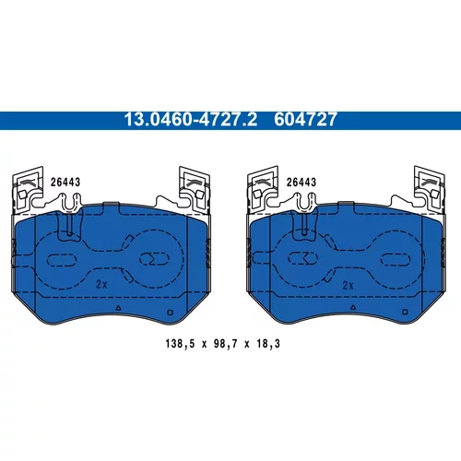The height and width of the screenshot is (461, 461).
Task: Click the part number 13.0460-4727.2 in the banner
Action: pos(191,120)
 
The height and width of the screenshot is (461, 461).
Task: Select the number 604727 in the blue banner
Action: pos(305,120)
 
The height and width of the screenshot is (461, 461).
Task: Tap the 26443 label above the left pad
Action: pos(65,183)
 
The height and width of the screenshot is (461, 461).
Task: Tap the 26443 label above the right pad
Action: pos(301,183)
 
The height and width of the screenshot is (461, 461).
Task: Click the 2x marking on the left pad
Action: pos(101,284)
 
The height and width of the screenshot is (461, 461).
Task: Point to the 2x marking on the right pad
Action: pos(348,286)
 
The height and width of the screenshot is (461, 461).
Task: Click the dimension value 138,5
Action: pos(180,344)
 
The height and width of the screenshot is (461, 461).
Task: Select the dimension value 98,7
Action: pos(225,344)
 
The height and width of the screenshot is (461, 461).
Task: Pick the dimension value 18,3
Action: pos(268,344)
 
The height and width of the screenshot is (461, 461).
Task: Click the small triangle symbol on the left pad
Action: pos(118,307)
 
